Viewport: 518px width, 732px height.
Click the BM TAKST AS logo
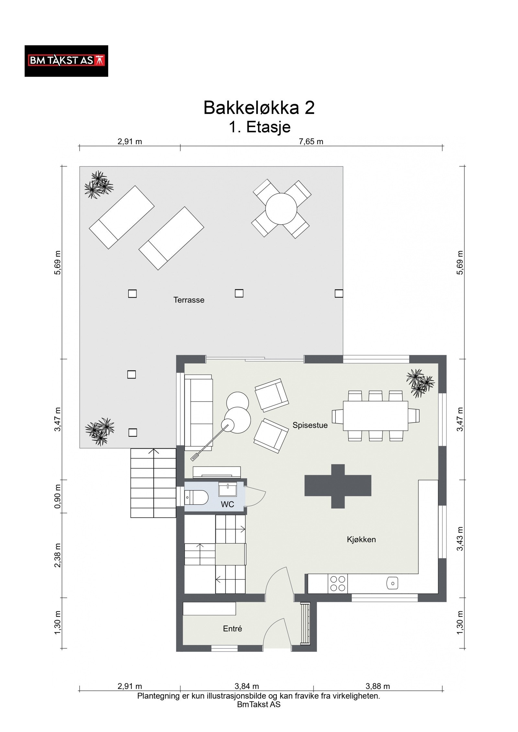[66, 61]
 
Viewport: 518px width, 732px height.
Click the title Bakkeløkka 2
[259, 107]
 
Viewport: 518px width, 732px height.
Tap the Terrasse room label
[189, 300]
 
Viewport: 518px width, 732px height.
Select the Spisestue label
[310, 425]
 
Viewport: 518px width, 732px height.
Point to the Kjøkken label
[361, 539]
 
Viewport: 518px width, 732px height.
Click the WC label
[227, 504]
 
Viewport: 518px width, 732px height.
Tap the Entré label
[232, 628]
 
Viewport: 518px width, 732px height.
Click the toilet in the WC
[196, 497]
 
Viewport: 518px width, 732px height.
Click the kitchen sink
[392, 583]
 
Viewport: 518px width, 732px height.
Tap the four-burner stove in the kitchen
[338, 583]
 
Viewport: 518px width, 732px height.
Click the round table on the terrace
[281, 209]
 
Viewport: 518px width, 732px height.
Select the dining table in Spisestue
[376, 416]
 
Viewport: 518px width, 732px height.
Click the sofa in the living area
[198, 412]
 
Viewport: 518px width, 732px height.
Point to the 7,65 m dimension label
[311, 141]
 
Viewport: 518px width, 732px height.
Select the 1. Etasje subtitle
[260, 127]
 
